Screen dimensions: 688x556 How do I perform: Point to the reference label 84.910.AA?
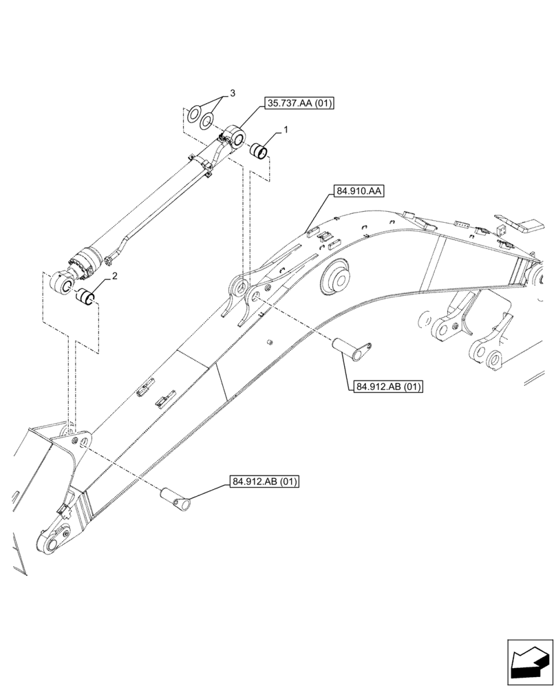click(359, 190)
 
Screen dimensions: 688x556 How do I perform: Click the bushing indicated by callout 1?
click(259, 149)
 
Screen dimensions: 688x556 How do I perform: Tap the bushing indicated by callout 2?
click(85, 299)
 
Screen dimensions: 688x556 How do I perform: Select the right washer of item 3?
click(206, 121)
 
